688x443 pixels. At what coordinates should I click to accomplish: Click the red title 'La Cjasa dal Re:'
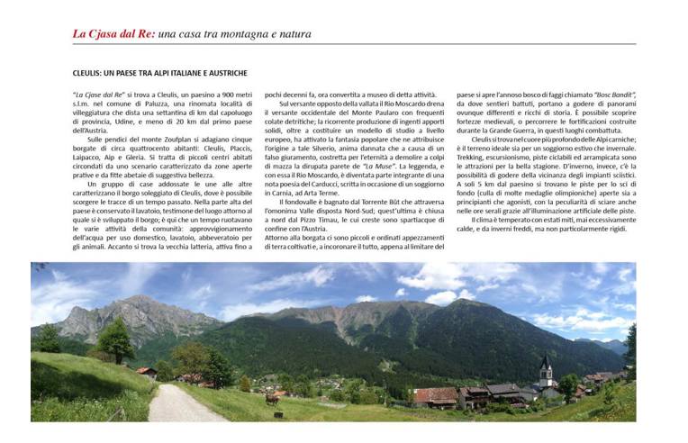(x=113, y=34)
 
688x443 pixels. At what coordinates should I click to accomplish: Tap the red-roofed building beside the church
(x=437, y=395)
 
